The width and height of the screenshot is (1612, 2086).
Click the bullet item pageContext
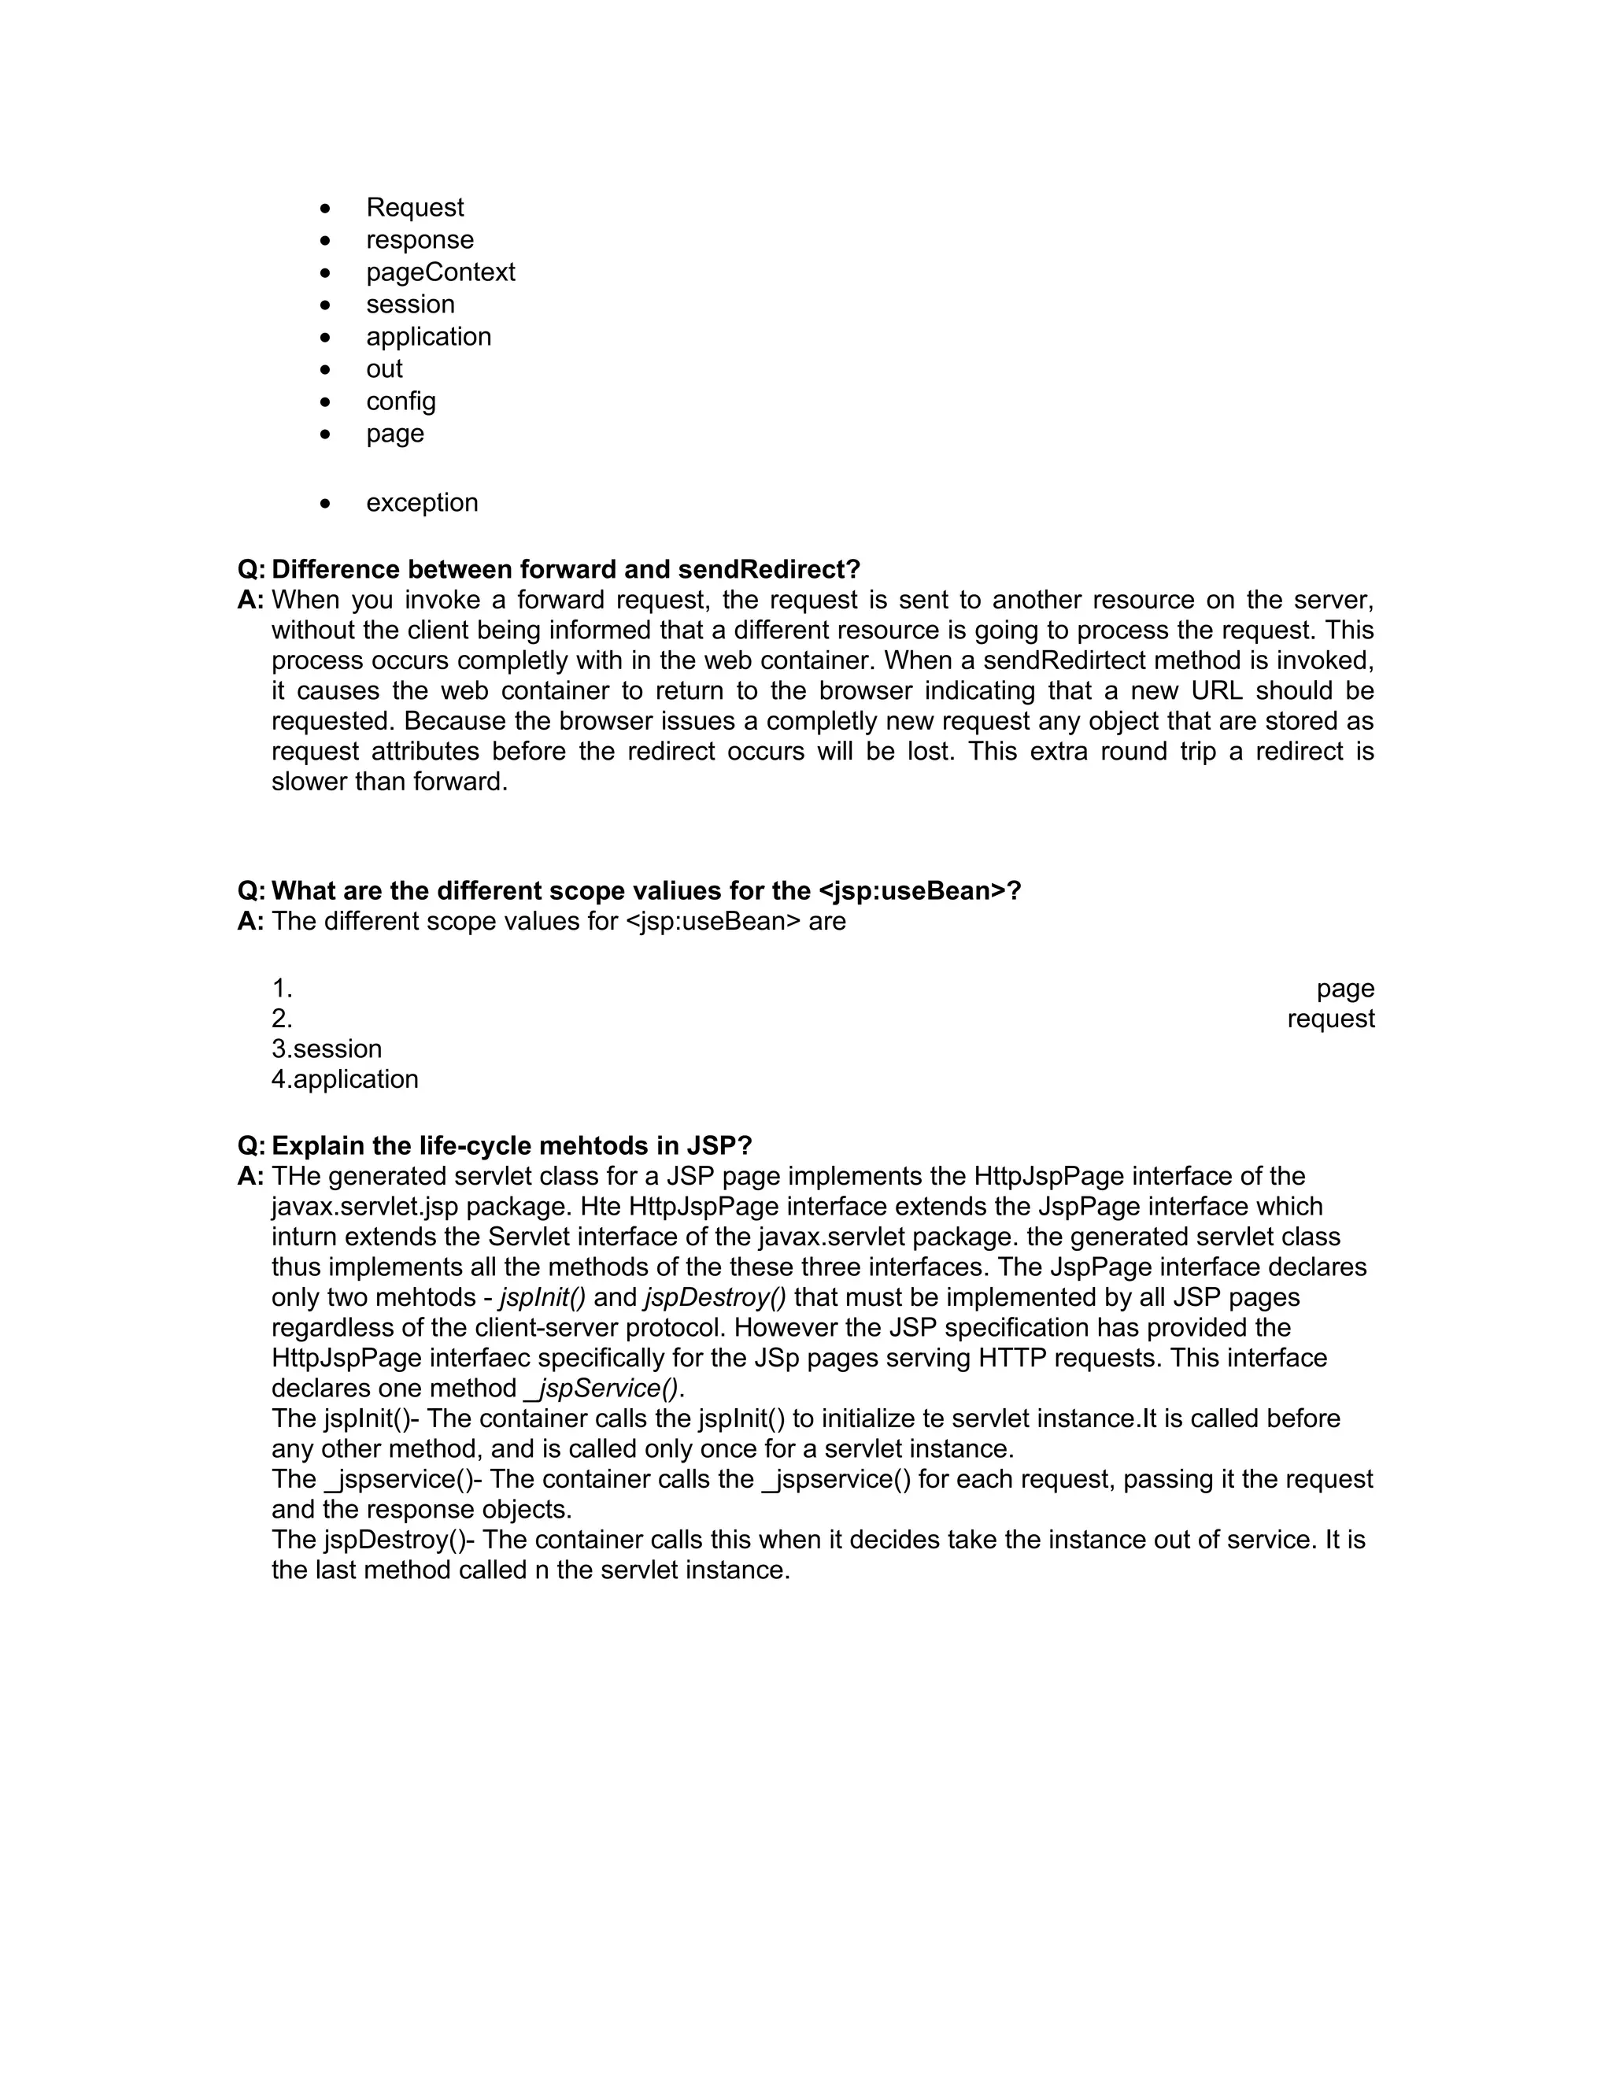440,272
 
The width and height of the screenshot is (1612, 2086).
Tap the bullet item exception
421,502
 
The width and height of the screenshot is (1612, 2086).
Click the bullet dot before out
326,370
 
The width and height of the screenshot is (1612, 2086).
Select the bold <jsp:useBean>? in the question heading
919,890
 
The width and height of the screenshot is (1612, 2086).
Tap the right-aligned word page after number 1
1344,988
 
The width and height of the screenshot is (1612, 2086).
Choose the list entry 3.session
327,1049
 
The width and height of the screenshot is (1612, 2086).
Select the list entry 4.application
345,1079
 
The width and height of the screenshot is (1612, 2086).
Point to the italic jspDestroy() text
715,1297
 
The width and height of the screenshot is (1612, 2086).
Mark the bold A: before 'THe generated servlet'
250,1176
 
